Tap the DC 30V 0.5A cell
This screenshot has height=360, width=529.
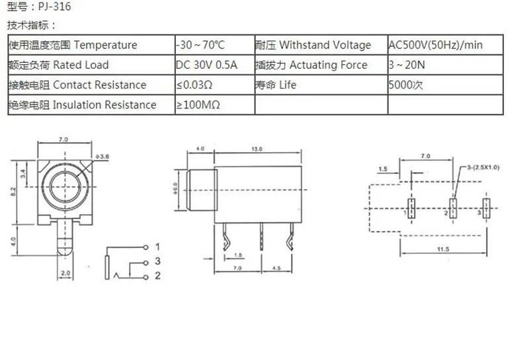click(x=206, y=65)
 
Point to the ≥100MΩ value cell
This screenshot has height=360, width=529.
click(x=198, y=105)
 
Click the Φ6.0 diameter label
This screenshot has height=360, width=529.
click(x=175, y=189)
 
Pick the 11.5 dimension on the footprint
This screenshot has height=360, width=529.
click(x=444, y=248)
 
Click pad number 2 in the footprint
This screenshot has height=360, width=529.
click(x=446, y=214)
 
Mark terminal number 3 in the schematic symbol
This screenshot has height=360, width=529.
click(x=157, y=261)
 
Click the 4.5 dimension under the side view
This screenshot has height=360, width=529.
click(x=278, y=268)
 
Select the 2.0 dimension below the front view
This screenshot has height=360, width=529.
click(x=65, y=272)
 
